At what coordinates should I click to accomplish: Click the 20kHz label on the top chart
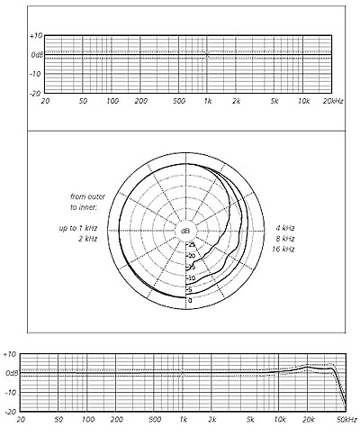click(333, 101)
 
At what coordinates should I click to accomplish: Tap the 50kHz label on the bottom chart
click(346, 419)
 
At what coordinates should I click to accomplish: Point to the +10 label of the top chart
click(36, 36)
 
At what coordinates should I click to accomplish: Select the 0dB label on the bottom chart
click(12, 373)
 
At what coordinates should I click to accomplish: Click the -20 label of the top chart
click(35, 94)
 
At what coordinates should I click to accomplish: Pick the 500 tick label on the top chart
click(179, 101)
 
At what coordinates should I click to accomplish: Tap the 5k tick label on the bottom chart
click(250, 419)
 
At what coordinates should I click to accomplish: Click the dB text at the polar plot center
click(185, 231)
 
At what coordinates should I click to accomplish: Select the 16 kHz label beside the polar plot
click(283, 250)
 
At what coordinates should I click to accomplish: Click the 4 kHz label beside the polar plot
click(285, 228)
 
